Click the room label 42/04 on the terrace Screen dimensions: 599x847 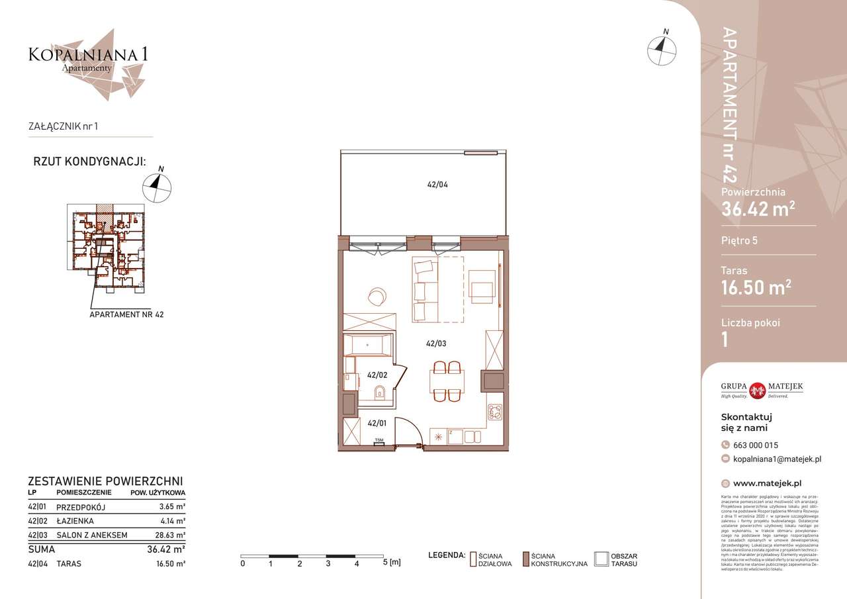coord(437,186)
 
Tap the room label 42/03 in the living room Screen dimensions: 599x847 coord(436,344)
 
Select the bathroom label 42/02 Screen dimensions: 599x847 coord(377,375)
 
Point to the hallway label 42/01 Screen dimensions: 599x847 coord(377,423)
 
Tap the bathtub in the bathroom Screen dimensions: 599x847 coord(368,345)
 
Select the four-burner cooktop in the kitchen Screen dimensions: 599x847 coord(494,412)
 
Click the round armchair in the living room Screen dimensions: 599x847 coord(377,296)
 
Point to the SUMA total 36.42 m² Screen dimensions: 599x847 coord(165,549)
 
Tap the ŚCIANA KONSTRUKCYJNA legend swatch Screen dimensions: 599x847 coord(526,559)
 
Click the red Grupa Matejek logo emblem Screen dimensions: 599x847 coord(758,391)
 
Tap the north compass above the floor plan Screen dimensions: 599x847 coord(662,49)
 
